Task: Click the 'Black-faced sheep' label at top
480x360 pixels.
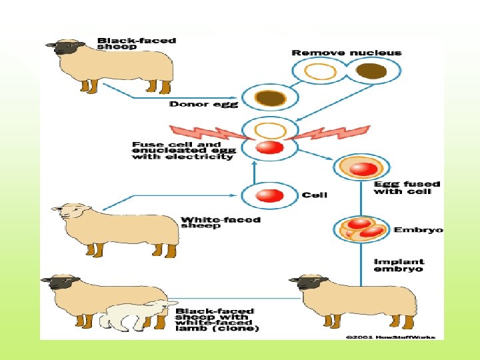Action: (x=136, y=43)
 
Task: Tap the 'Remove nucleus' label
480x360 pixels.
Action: (x=347, y=53)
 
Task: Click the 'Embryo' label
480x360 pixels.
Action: (x=418, y=230)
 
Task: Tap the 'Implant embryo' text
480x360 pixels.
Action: (x=399, y=265)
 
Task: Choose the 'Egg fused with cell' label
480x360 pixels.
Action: (x=402, y=187)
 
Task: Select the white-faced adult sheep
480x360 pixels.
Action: (x=113, y=227)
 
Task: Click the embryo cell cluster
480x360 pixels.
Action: (x=361, y=228)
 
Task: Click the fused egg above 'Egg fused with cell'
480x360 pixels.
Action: (x=360, y=169)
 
